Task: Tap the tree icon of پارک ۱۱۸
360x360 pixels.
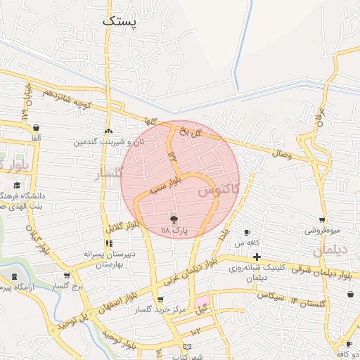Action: pos(174,219)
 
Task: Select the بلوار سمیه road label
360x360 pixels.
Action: pos(167,188)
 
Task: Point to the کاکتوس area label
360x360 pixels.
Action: pos(219,190)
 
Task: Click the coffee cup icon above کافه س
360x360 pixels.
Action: pos(247,232)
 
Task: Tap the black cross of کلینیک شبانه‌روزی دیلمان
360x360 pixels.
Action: pos(257,257)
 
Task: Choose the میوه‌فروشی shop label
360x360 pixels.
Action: pos(322,230)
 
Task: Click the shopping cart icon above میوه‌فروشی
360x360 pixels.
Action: pos(322,220)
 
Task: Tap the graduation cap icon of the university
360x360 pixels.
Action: pos(14,185)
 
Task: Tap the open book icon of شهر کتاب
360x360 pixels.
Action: pos(186,347)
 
